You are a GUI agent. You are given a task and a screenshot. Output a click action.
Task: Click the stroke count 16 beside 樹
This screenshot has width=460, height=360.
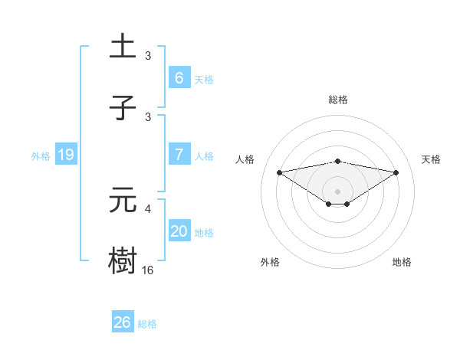point(148,270)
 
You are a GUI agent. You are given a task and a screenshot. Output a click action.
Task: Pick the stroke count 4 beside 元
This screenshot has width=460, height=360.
point(148,208)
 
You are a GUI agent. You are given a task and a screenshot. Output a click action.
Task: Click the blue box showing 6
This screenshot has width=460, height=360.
point(179,78)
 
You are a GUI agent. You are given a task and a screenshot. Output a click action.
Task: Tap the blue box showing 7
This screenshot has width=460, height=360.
point(179,155)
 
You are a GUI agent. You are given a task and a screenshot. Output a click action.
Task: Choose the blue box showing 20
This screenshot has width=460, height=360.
point(179,231)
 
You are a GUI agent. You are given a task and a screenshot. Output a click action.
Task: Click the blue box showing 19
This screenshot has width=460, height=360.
point(65,155)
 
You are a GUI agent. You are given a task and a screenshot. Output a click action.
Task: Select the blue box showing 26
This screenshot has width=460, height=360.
point(123,322)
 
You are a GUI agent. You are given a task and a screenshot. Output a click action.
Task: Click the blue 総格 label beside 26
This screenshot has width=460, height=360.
point(147,324)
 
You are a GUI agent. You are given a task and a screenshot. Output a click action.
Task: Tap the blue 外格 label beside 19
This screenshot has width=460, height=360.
point(41,156)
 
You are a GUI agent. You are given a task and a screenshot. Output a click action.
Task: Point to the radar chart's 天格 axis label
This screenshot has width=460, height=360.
point(432,159)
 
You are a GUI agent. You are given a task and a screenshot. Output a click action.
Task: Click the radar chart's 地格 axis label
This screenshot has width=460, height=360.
point(402,262)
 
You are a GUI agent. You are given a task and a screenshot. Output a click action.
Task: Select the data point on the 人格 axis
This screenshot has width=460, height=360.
point(279,172)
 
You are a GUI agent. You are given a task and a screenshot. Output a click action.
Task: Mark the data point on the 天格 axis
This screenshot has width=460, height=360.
point(396,172)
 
